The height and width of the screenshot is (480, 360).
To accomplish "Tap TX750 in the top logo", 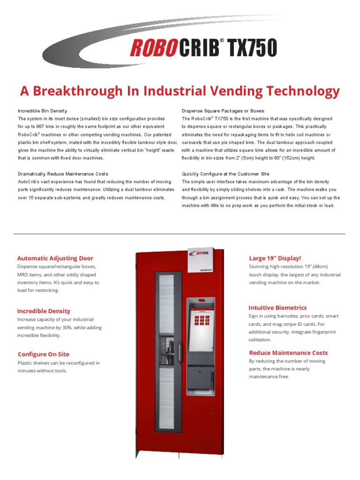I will [252, 48].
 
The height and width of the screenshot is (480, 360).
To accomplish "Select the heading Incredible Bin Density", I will [43, 111].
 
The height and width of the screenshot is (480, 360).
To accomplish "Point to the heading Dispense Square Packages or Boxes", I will [223, 111].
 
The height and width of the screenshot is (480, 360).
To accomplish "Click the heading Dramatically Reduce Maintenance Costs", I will [63, 174].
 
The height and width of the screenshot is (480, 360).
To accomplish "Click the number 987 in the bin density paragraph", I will [46, 127].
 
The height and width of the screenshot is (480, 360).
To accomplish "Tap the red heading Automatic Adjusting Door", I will [55, 258].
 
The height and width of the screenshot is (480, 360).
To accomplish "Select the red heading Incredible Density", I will [44, 311].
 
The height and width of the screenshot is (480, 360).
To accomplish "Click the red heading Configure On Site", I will [43, 354].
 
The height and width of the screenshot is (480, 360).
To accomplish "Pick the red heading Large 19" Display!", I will [275, 258].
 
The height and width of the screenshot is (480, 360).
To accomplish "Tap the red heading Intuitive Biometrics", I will [277, 307].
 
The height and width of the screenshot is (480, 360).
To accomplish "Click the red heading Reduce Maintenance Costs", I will [288, 352].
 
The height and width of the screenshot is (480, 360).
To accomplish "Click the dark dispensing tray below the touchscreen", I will [201, 375].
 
